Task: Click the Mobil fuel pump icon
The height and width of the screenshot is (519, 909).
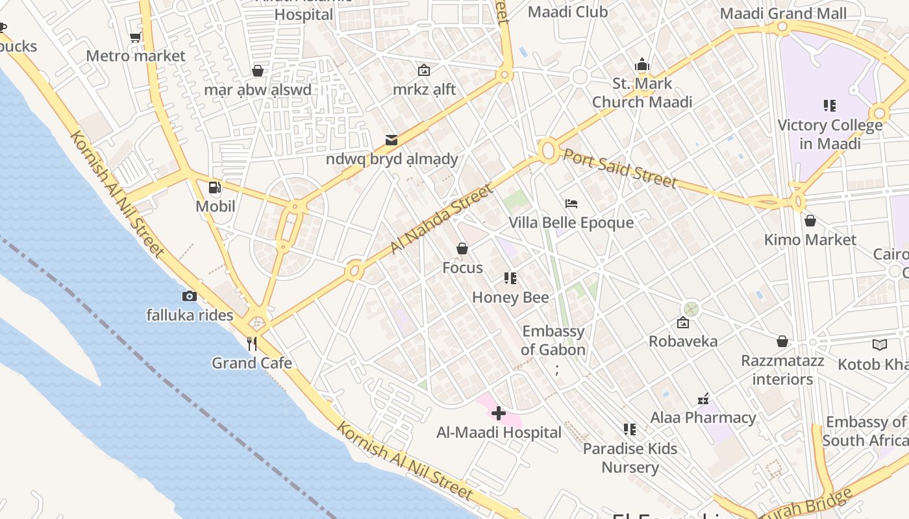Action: point(214,188)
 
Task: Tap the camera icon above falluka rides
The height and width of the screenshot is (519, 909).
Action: point(190,296)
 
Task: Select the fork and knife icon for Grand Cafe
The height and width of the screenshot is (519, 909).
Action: point(252,344)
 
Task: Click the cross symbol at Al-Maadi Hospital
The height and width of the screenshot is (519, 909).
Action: point(499,413)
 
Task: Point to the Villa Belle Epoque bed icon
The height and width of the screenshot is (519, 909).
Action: point(571,204)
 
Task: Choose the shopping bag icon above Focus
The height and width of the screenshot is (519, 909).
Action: point(462,248)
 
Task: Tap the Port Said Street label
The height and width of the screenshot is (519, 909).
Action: point(619,168)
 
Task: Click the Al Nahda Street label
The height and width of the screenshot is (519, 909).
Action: point(442,219)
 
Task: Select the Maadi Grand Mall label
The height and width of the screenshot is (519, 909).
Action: point(784,14)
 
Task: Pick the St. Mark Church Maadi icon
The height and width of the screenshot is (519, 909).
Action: point(642,64)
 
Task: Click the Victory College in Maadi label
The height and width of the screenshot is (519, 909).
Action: point(830,134)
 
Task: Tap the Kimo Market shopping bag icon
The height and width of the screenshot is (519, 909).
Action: point(810,221)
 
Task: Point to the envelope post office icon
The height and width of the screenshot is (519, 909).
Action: point(392,139)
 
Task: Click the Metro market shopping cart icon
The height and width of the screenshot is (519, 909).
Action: point(136,37)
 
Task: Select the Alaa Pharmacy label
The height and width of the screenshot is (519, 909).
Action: point(703,418)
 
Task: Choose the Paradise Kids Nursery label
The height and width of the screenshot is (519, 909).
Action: point(630,458)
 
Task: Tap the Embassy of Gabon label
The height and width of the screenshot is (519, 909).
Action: point(553,341)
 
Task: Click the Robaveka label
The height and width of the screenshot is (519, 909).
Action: point(683,341)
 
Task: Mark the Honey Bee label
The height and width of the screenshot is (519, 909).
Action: point(510,298)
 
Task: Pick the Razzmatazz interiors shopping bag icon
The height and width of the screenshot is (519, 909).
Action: point(782,341)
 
